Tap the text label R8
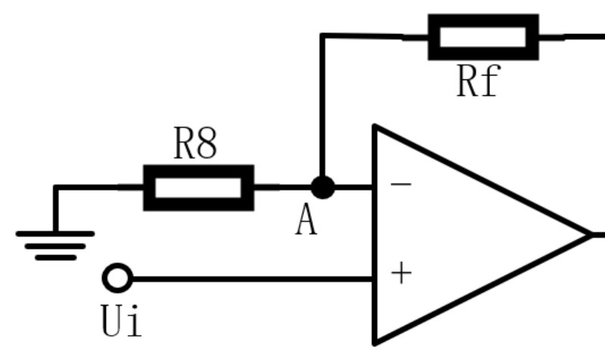pyautogui.click(x=195, y=144)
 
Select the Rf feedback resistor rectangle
pyautogui.click(x=483, y=36)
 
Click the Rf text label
pyautogui.click(x=478, y=82)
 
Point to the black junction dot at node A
pyautogui.click(x=323, y=187)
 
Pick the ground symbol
pyautogui.click(x=55, y=244)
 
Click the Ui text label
pyautogui.click(x=120, y=320)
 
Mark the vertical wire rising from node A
pyautogui.click(x=323, y=106)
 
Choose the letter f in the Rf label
pyautogui.click(x=489, y=82)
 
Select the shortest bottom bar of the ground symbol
pyautogui.click(x=55, y=257)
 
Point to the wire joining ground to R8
pyautogui.click(x=91, y=187)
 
